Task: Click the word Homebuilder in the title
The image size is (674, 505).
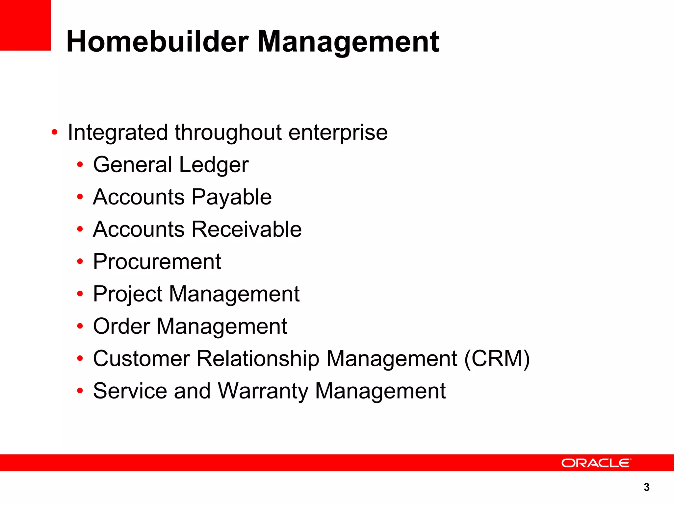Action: coord(157,42)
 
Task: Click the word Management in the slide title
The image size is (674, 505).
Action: coord(348,42)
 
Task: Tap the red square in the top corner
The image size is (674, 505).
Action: coord(25,25)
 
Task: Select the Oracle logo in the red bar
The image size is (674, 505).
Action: coord(596,463)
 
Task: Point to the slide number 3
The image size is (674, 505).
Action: coord(646,487)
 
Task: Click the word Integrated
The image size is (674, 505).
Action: coord(118,132)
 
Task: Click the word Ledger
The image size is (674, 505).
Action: coord(214,165)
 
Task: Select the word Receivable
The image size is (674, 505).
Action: coord(246,229)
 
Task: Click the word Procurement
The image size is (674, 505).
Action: coord(157,261)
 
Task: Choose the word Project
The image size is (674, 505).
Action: coord(128,294)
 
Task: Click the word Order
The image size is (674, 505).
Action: coord(121,326)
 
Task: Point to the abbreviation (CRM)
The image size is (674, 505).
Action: coord(497,358)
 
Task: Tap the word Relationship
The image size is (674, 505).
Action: coord(258,358)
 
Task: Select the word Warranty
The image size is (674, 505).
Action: coord(263,391)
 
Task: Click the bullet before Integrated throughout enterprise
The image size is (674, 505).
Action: coord(55,132)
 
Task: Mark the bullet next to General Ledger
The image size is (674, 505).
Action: coord(80,165)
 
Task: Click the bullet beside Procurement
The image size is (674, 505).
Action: coord(80,262)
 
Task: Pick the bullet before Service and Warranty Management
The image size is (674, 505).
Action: coord(80,391)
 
